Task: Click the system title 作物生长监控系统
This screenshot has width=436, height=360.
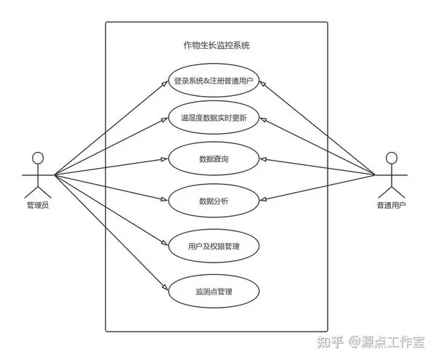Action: pos(217,45)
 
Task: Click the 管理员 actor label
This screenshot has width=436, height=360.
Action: pos(38,205)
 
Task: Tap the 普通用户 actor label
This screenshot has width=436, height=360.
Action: pos(391,205)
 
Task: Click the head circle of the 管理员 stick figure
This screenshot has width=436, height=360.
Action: pos(38,158)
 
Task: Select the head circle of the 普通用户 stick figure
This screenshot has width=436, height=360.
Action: pos(392,158)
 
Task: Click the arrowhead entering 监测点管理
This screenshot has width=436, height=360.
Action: pos(165,287)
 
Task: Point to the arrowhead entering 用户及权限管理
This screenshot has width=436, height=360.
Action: pos(165,243)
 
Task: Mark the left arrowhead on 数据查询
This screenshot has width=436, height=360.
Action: pos(165,159)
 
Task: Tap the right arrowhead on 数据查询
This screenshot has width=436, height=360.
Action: pos(263,159)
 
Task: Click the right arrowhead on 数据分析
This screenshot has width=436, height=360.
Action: pos(263,199)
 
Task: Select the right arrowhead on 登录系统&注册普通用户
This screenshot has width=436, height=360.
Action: pos(263,84)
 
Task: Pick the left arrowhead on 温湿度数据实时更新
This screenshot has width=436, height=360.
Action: pos(165,119)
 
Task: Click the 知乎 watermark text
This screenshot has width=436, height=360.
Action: pos(331,342)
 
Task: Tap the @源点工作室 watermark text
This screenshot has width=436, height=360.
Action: pos(387,342)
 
